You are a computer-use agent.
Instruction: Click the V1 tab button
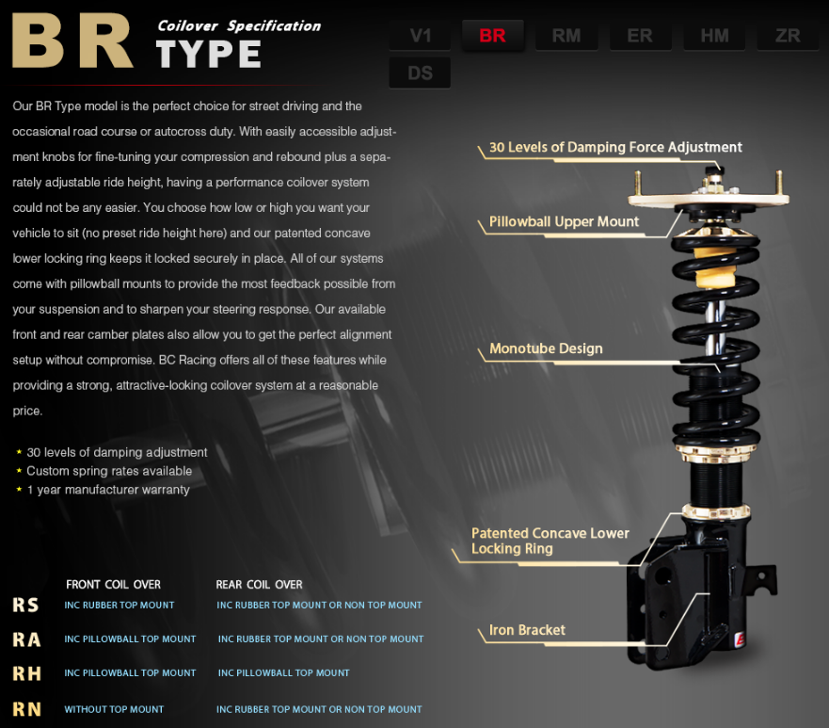point(421,36)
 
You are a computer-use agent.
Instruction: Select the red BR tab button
point(493,36)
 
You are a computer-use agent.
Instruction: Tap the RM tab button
point(566,36)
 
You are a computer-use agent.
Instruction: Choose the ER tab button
point(640,36)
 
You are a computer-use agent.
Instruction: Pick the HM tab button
point(714,36)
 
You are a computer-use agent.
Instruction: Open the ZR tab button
point(788,36)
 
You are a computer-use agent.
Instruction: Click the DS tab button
point(421,73)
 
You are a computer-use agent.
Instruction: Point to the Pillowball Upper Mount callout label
point(565,221)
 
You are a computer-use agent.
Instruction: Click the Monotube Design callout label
point(546,348)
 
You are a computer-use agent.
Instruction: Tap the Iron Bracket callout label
point(527,630)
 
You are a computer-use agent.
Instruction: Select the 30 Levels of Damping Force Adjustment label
point(615,147)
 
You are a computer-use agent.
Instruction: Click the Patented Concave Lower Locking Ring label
point(550,541)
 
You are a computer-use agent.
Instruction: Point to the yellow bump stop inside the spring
point(714,267)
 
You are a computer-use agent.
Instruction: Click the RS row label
point(26,605)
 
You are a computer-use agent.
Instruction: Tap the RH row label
point(27,673)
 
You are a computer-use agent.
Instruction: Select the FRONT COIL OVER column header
point(113,585)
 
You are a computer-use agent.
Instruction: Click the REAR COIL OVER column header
point(259,585)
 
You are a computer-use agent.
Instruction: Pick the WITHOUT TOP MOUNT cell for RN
point(114,709)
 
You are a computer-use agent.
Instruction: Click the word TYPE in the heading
point(208,54)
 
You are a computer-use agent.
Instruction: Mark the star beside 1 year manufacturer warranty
point(19,490)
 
